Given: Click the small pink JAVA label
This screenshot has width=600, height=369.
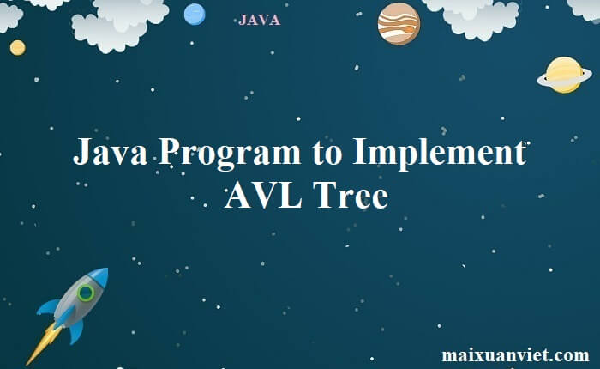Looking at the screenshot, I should pyautogui.click(x=259, y=20).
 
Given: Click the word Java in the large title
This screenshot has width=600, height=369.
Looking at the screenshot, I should pyautogui.click(x=109, y=154).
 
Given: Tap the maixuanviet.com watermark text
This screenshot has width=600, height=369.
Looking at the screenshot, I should pyautogui.click(x=515, y=354).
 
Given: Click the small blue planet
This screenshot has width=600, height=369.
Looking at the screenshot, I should pyautogui.click(x=195, y=14).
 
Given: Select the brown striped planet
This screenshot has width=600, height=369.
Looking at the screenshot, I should pyautogui.click(x=399, y=23).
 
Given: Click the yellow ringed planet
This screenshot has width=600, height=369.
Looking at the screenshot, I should pyautogui.click(x=564, y=75).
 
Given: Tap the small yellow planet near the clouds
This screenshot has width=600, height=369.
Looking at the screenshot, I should pyautogui.click(x=17, y=47).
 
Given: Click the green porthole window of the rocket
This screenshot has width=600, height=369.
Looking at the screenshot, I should pyautogui.click(x=86, y=293).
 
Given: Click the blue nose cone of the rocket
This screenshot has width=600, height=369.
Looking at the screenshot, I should pyautogui.click(x=99, y=275).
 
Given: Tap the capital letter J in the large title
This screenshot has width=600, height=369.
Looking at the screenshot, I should pyautogui.click(x=81, y=154).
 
